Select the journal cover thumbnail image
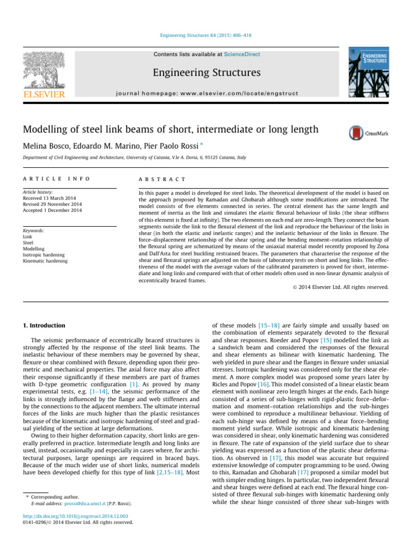pyautogui.click(x=369, y=71)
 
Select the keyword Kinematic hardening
pyautogui.click(x=45, y=261)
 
